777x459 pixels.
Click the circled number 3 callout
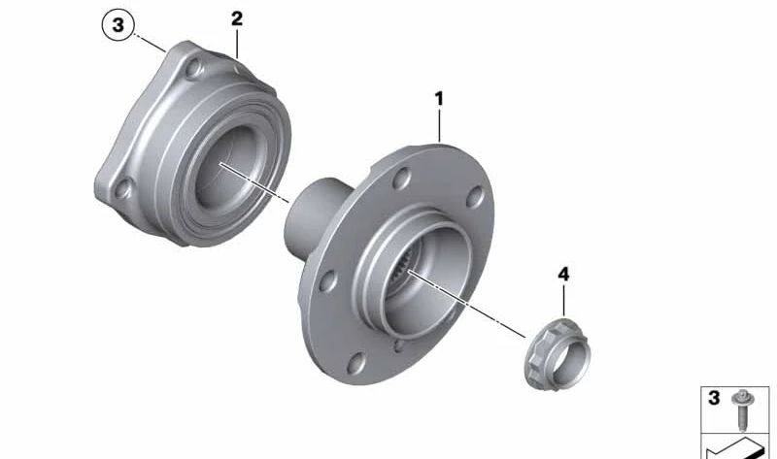point(118,24)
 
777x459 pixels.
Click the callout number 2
point(237,18)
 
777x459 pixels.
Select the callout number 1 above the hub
point(439,99)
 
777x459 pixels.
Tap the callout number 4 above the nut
point(563,275)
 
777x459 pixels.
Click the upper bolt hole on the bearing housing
point(193,68)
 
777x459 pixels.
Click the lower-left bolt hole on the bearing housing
point(123,188)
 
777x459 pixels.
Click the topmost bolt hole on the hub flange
point(401,179)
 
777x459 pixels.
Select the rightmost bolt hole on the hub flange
point(475,196)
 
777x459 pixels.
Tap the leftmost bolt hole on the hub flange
point(327,280)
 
